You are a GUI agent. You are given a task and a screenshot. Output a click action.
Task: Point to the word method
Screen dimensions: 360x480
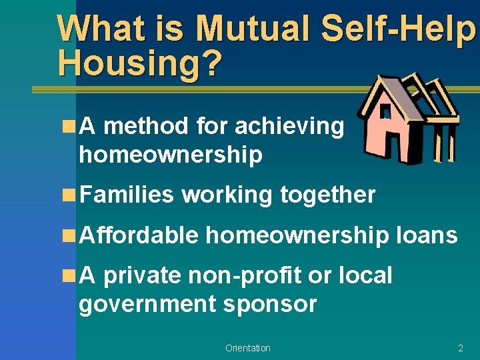coord(146,125)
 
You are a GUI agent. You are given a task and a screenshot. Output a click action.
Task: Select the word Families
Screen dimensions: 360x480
coord(126,195)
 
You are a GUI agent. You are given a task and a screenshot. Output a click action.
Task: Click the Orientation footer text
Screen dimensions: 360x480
coord(247,348)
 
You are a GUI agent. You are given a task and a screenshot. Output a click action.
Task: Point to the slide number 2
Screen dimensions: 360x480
coord(460,348)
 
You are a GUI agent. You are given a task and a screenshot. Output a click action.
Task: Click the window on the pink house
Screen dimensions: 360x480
coord(385,113)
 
